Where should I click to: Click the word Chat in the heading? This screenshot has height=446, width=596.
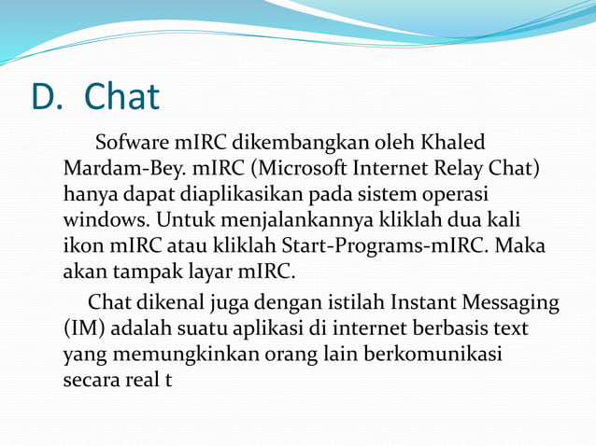[121, 97]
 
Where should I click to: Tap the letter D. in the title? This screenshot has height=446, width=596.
[47, 97]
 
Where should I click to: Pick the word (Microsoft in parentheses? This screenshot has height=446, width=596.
[298, 171]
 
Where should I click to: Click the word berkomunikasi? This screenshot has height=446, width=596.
[444, 355]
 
